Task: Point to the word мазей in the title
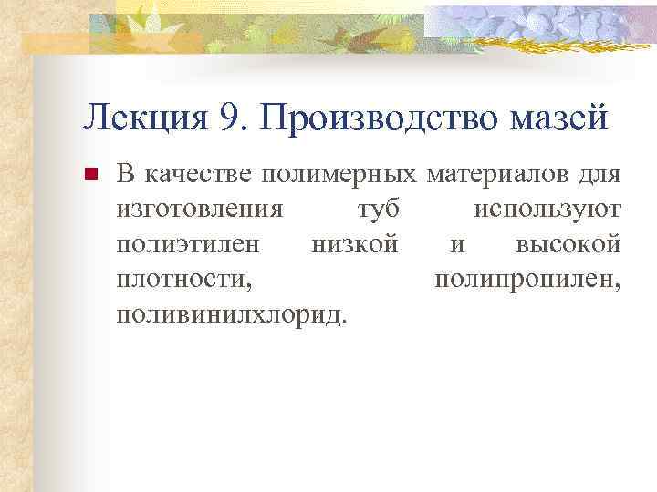coord(560,118)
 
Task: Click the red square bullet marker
coord(89,176)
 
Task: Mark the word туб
coord(375,210)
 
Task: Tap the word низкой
coord(354,245)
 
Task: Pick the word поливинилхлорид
coord(232,314)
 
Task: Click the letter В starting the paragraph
coord(126,175)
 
